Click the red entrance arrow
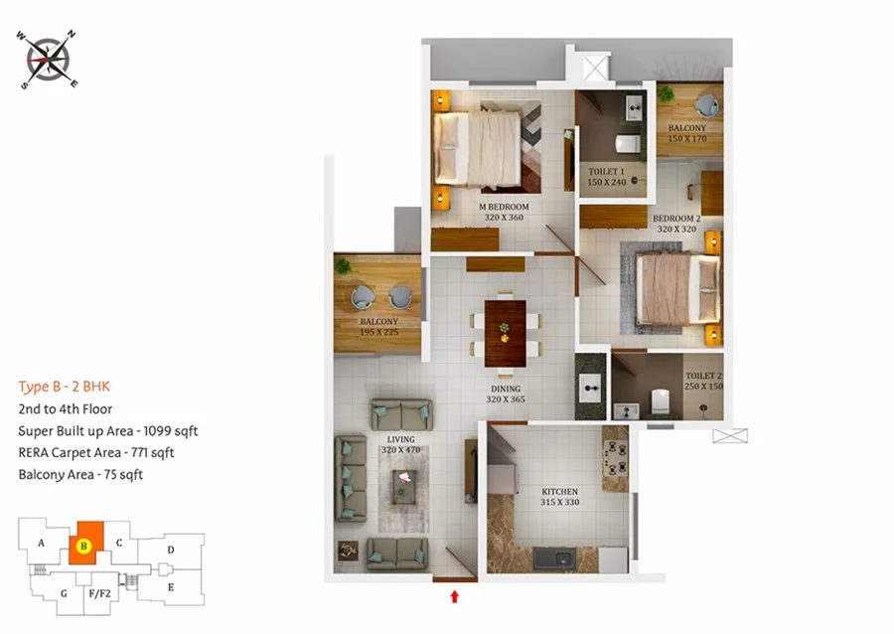(454, 596)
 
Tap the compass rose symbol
(48, 60)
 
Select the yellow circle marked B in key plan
(83, 546)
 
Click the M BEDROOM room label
(504, 207)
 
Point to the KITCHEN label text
(560, 492)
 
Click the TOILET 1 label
(607, 172)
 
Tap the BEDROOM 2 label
(676, 219)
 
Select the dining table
(506, 334)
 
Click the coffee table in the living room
(405, 487)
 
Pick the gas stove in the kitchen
(616, 458)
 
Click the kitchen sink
(562, 558)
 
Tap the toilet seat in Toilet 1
(628, 144)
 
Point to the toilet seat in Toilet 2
(660, 401)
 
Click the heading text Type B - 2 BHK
(64, 387)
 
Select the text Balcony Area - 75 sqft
(80, 474)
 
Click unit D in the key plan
(171, 551)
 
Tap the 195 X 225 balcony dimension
(379, 332)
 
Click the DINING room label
(506, 389)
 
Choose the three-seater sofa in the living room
(351, 479)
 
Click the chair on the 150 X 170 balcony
(707, 106)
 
